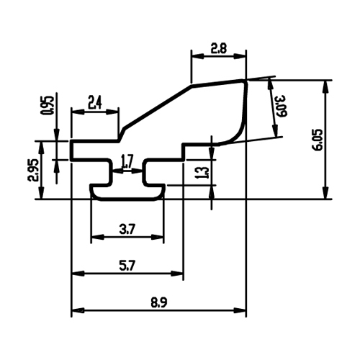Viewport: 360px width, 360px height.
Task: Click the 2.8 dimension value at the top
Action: click(218, 48)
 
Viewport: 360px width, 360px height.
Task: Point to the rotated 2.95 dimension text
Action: click(33, 170)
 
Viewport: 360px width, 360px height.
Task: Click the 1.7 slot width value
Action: click(127, 162)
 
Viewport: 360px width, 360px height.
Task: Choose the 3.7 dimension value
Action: click(127, 230)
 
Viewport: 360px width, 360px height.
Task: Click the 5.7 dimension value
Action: click(127, 266)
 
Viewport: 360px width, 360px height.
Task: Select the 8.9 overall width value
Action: click(159, 303)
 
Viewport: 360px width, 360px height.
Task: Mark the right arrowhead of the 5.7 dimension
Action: click(177, 274)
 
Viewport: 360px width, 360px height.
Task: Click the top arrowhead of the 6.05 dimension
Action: click(325, 86)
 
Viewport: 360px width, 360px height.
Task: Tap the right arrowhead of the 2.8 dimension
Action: click(240, 56)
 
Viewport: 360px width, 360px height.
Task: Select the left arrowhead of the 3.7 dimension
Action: click(98, 237)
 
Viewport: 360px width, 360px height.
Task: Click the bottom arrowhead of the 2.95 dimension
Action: click(42, 192)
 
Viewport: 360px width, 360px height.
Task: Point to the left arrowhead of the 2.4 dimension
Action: click(78, 112)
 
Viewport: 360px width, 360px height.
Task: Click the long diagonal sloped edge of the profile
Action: click(157, 107)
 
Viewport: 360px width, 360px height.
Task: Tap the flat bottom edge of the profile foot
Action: click(127, 199)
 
